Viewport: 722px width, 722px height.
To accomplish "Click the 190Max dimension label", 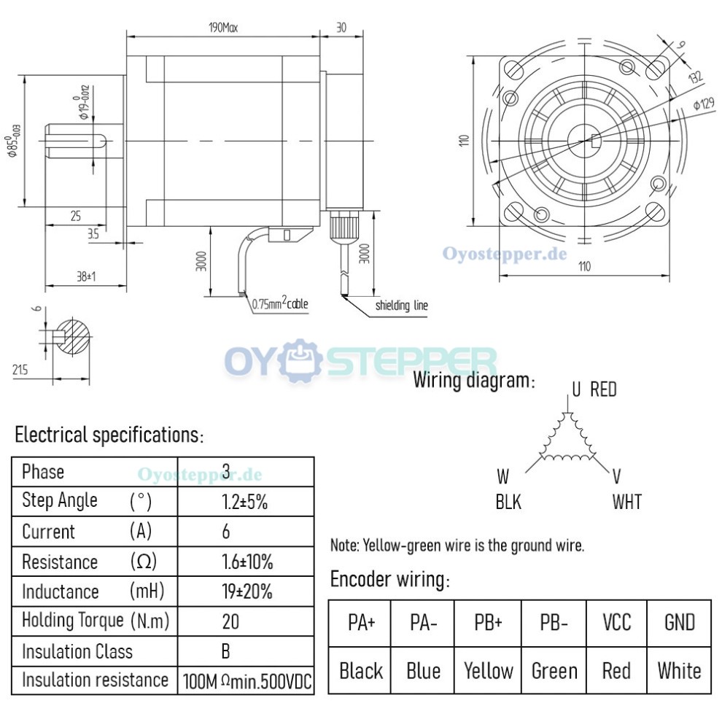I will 222,28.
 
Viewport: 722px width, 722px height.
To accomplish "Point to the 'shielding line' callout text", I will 401,306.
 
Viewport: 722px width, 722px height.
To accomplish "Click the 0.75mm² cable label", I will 280,303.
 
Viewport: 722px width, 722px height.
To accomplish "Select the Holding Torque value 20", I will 230,621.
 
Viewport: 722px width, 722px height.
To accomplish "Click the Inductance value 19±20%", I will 247,591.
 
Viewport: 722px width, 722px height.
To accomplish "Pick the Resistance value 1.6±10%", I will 247,562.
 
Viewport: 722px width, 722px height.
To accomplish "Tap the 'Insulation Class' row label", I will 77,651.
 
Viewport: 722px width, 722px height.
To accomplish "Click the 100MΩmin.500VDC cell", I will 247,681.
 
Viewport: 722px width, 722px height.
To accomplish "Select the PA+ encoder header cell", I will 360,623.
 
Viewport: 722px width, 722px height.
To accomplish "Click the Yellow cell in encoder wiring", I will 488,671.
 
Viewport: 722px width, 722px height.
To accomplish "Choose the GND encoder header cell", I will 679,623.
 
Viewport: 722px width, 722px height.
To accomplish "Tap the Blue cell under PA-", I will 424,671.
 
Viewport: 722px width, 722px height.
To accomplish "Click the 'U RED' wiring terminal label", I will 594,389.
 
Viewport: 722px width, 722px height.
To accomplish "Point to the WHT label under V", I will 626,502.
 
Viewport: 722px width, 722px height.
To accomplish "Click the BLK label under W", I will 508,502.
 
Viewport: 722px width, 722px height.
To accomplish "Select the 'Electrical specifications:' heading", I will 109,435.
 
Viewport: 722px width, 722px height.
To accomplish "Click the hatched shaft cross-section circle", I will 74,336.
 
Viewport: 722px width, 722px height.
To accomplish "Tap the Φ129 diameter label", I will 703,104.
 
